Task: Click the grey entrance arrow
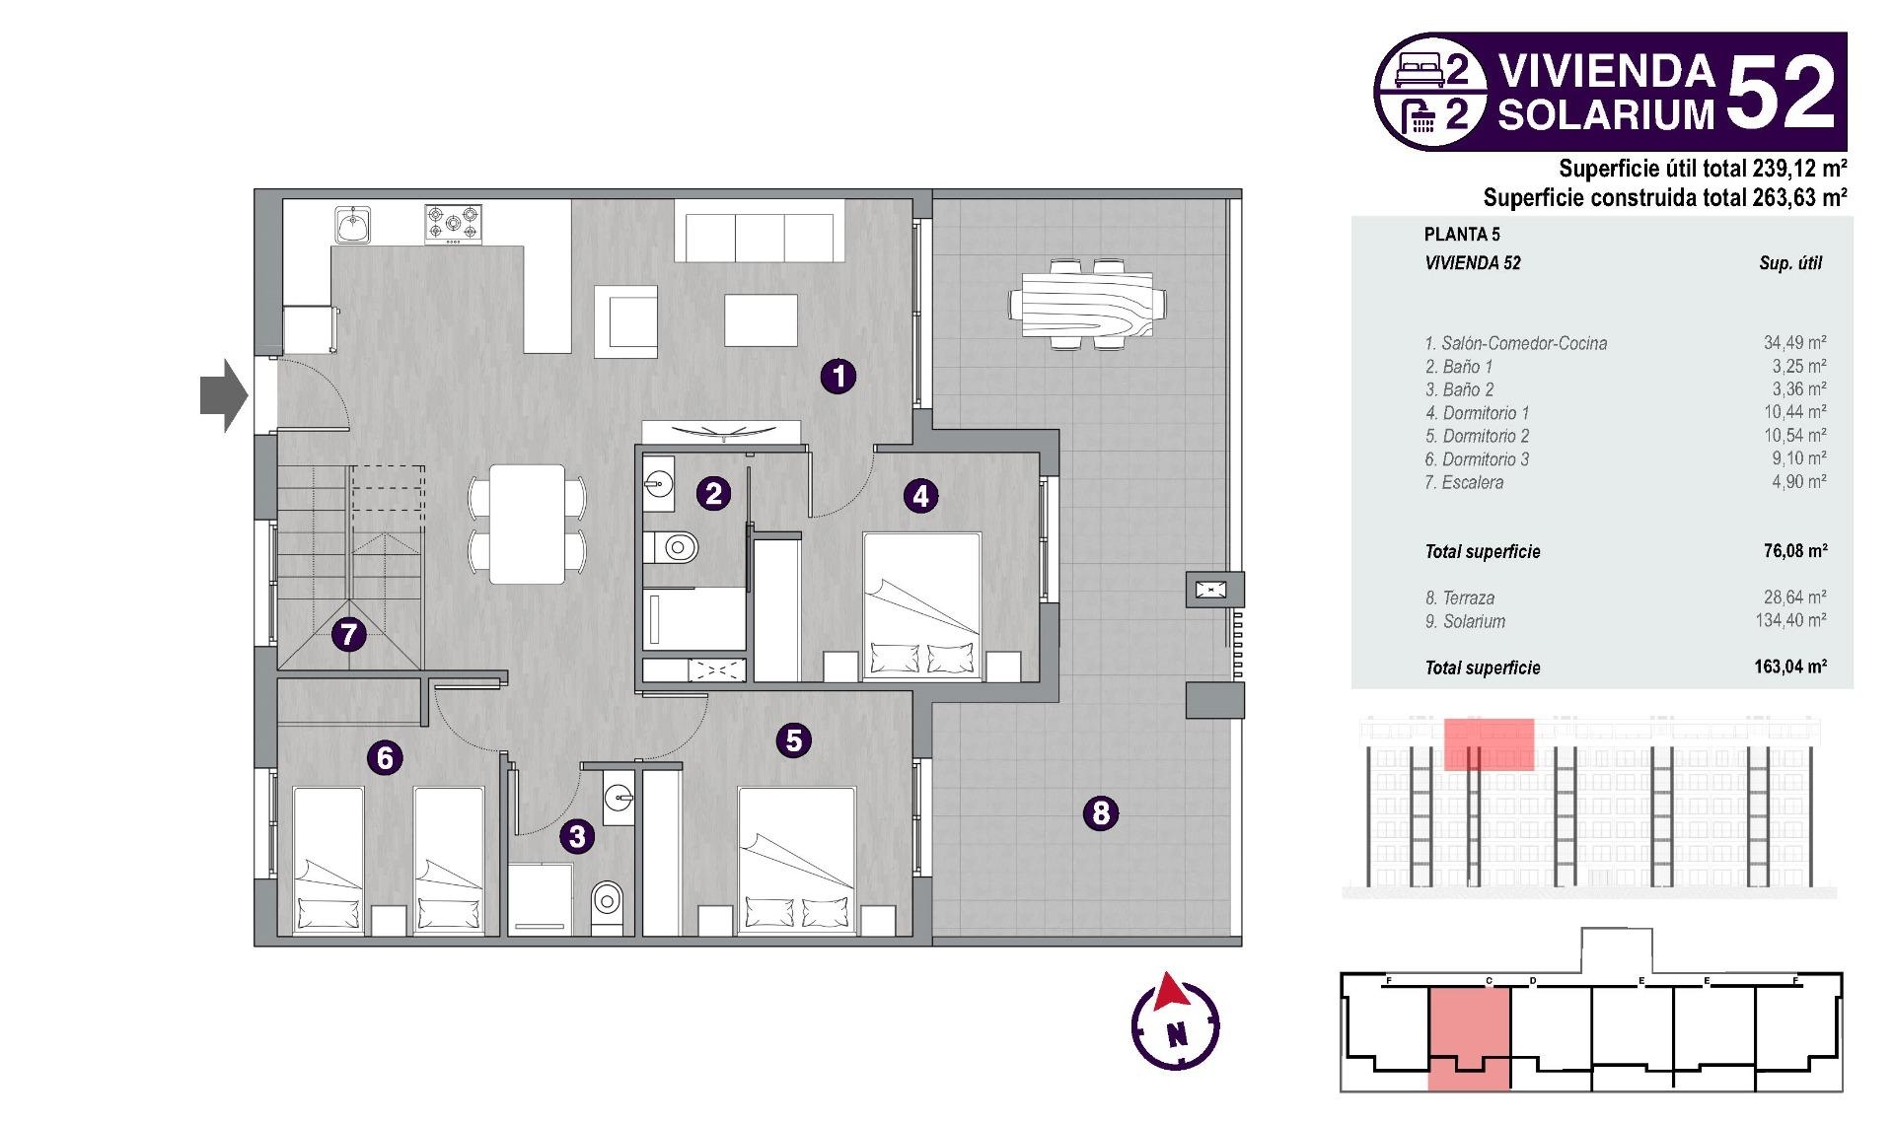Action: click(224, 395)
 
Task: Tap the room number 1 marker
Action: click(838, 376)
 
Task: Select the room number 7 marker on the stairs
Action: click(348, 634)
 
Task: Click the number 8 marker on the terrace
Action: click(1101, 813)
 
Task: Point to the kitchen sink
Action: click(352, 225)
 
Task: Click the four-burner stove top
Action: click(454, 224)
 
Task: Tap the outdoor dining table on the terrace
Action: click(1087, 305)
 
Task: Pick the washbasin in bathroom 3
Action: click(619, 797)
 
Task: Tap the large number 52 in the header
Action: click(1781, 91)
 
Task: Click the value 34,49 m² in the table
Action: click(1794, 342)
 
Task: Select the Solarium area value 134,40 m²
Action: click(1790, 620)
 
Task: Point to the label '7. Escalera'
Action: click(1464, 482)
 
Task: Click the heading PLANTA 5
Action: click(1462, 234)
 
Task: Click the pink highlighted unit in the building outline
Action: click(1469, 1039)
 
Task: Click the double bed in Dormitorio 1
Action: click(922, 606)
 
